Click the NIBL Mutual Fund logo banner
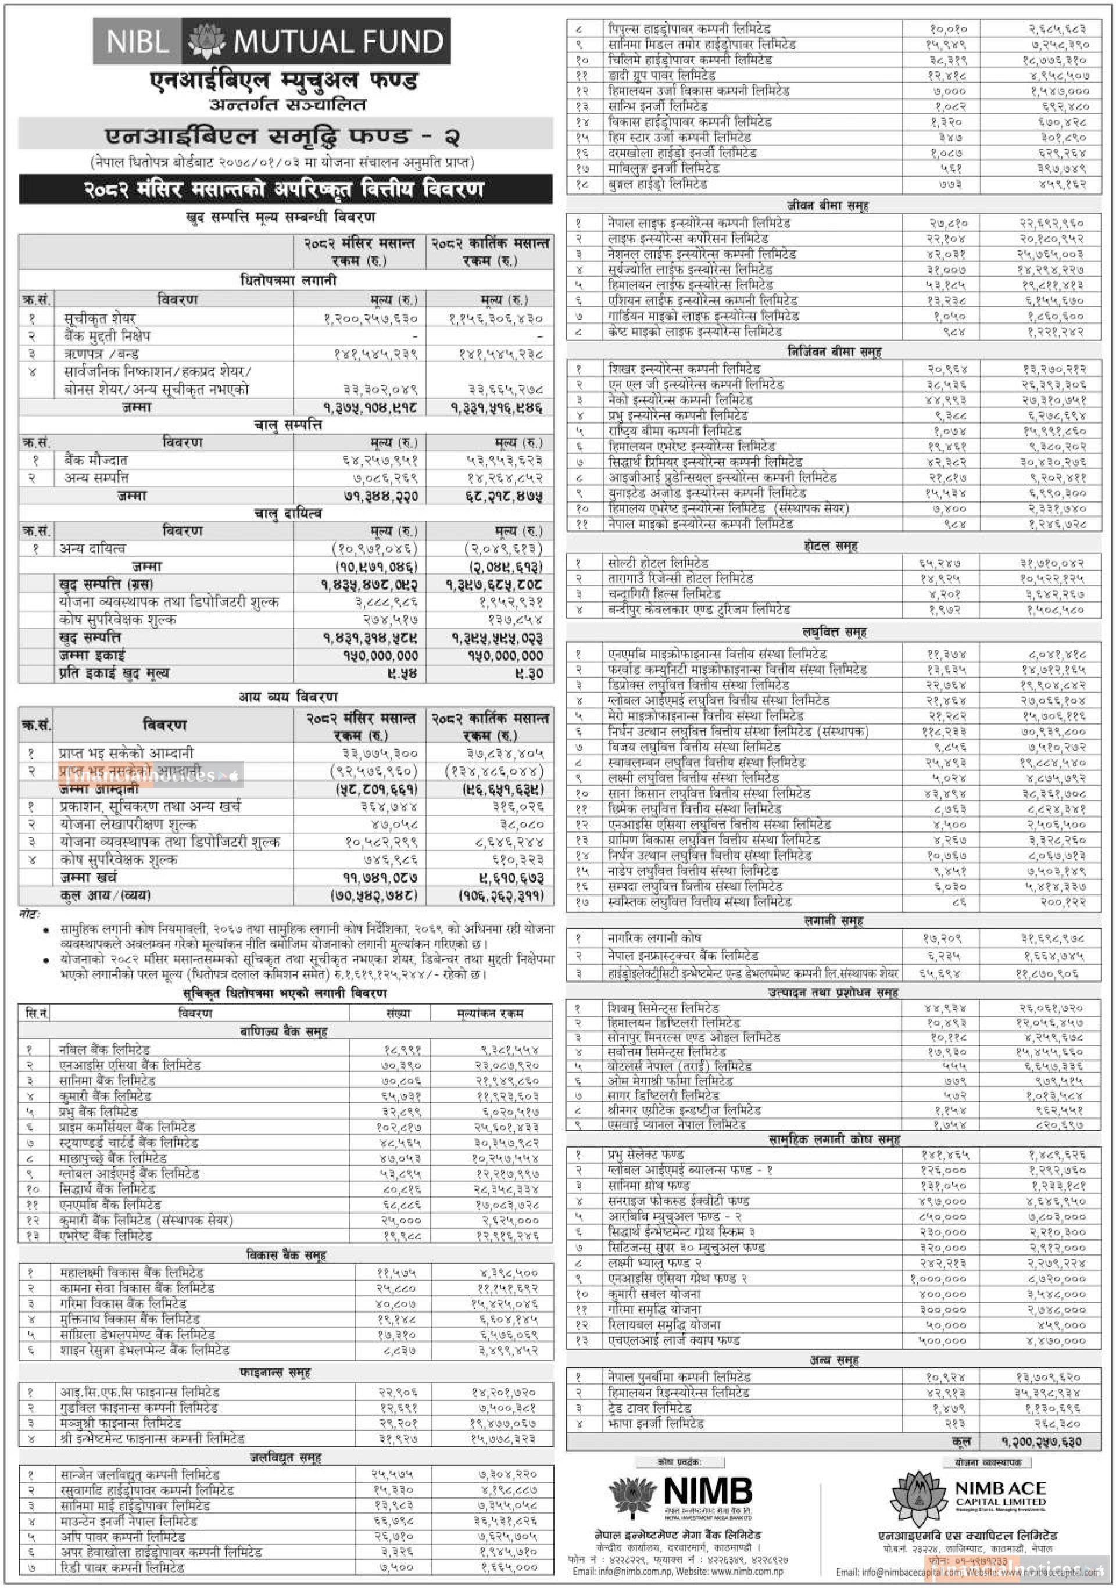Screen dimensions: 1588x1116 271,41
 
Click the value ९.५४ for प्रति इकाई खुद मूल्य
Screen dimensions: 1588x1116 399,673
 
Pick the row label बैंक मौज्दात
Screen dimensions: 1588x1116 95,460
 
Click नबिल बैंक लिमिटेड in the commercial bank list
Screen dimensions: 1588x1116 105,1049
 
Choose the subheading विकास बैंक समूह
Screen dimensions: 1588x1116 287,1254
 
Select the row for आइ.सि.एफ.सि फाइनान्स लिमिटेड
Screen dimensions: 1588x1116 139,1392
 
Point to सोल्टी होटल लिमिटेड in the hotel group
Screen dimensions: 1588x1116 658,563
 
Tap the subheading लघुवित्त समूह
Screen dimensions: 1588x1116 834,632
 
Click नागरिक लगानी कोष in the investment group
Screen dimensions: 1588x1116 654,938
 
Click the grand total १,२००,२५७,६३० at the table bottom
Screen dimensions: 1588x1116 1041,1442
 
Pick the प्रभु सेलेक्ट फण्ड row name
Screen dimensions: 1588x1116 646,1155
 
